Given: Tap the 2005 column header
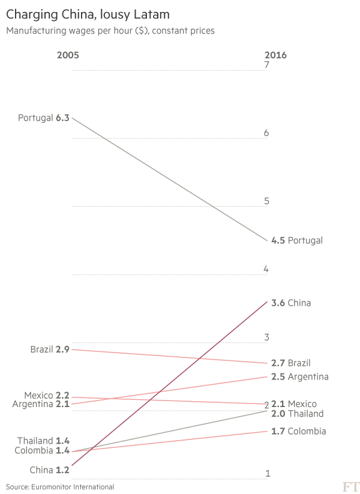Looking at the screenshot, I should [67, 56].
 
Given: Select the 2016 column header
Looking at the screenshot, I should [275, 56].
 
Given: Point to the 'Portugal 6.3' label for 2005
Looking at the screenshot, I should [44, 118].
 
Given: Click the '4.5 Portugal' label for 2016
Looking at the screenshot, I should [296, 240].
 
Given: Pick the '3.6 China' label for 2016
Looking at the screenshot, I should [291, 303].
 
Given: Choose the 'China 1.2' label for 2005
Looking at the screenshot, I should [51, 471].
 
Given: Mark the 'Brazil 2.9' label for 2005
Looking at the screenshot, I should [50, 349].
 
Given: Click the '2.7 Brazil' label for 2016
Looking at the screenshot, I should [291, 363].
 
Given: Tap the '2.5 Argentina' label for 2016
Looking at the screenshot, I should [299, 376].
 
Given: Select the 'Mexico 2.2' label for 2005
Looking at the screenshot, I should [47, 396].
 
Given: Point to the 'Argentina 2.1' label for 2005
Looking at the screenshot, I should [41, 405].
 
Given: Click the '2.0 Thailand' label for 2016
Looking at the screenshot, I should [297, 414].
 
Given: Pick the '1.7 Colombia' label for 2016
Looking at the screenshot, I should [298, 431].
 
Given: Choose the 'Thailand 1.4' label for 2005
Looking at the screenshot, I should [43, 441].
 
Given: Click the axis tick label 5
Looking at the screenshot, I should [266, 201].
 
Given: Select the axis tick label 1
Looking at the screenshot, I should [267, 474].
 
